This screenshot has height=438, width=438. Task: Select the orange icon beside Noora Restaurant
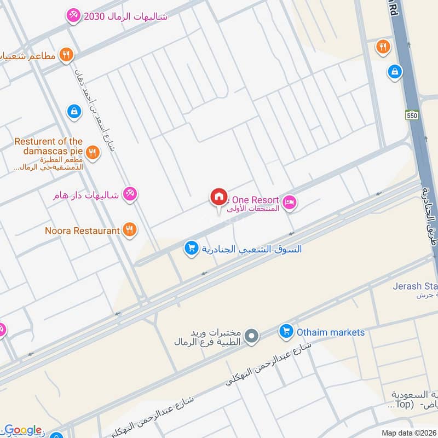tap(129, 230)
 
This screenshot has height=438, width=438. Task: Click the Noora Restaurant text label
tap(82, 230)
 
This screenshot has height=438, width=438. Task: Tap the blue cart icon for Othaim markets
tap(285, 331)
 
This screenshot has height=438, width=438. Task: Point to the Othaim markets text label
tap(330, 332)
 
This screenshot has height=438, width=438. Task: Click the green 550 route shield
tap(412, 116)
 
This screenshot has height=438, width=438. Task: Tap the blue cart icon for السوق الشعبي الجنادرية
tap(191, 249)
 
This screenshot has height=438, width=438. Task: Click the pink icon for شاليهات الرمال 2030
tap(72, 16)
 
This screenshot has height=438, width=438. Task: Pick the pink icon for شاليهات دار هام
tap(129, 194)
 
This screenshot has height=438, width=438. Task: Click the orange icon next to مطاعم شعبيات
tap(66, 54)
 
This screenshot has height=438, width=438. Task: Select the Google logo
tap(22, 430)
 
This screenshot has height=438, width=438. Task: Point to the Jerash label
tap(415, 286)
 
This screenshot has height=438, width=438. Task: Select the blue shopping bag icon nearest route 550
tap(394, 71)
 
